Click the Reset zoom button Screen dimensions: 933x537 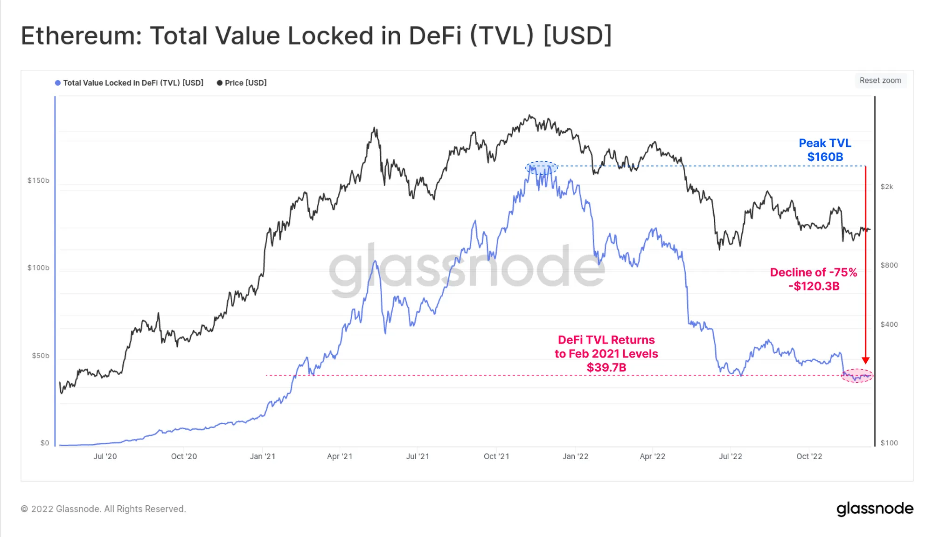880,80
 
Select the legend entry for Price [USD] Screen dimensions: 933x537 242,83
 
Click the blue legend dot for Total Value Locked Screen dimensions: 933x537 58,83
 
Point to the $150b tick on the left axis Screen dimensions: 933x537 38,180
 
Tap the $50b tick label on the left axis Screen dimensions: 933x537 40,356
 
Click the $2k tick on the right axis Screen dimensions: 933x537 887,187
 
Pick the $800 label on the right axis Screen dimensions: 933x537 889,265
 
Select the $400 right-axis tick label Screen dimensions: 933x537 889,324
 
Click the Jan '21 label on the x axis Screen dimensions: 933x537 263,456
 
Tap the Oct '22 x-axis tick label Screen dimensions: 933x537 809,456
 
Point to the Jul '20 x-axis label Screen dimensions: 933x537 105,456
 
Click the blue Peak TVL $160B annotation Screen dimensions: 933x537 825,150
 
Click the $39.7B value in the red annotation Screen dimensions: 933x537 606,367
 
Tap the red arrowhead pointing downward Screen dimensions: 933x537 865,360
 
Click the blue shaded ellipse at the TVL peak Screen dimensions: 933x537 541,168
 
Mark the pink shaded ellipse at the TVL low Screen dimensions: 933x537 857,376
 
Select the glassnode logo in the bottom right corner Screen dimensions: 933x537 875,509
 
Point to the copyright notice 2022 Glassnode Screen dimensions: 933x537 104,509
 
